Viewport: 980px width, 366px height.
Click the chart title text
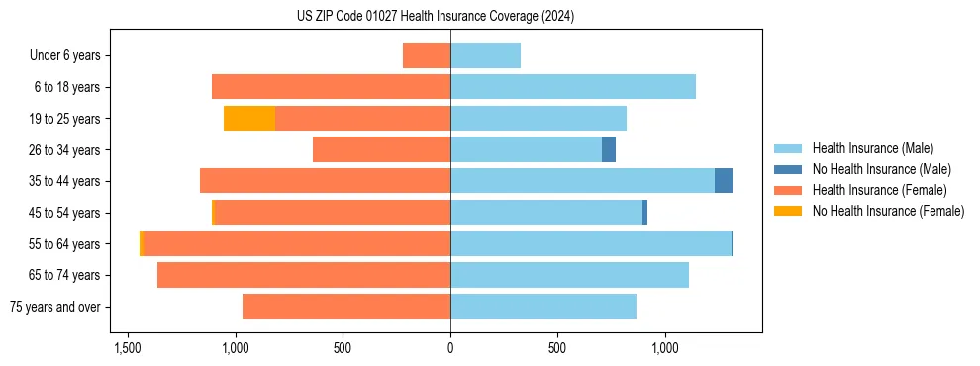pyautogui.click(x=436, y=17)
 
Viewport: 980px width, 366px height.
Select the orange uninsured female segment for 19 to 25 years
pyautogui.click(x=249, y=119)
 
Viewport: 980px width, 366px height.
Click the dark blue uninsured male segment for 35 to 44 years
pyautogui.click(x=724, y=181)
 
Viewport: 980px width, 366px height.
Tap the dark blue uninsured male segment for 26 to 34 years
pyautogui.click(x=609, y=149)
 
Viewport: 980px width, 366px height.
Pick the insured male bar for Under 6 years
pyautogui.click(x=485, y=55)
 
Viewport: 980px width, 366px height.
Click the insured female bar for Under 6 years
pyautogui.click(x=427, y=55)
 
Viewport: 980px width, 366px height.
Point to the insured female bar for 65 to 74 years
pyautogui.click(x=304, y=275)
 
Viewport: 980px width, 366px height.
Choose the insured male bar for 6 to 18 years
pyautogui.click(x=573, y=87)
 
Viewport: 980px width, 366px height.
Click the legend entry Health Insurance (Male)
pyautogui.click(x=872, y=148)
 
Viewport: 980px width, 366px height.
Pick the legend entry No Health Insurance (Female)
pyautogui.click(x=888, y=211)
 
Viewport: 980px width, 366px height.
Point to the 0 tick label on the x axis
pyautogui.click(x=450, y=349)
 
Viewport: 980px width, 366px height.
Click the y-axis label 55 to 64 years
pyautogui.click(x=65, y=244)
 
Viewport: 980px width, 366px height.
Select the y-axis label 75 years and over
pyautogui.click(x=54, y=307)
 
